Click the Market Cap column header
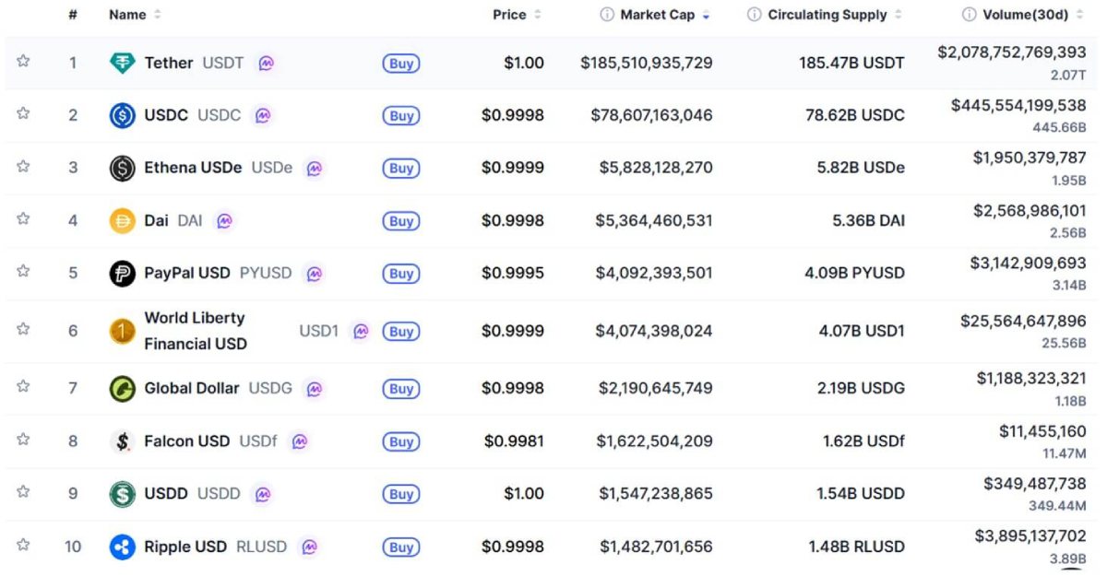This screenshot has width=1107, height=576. (657, 15)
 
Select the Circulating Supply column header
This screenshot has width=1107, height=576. (827, 15)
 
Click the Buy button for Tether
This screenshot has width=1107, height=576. (400, 64)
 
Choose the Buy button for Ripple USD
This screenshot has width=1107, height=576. (400, 547)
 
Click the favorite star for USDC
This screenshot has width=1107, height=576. (23, 114)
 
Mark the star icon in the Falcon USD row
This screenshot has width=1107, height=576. (23, 440)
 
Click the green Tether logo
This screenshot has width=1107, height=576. (122, 64)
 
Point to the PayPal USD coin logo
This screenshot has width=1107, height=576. (122, 274)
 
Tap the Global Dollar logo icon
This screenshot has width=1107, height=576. (122, 389)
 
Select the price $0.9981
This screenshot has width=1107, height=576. (514, 441)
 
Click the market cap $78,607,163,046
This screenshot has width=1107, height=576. (651, 115)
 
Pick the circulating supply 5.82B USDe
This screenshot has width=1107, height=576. (861, 168)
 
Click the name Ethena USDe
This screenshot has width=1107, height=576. (193, 168)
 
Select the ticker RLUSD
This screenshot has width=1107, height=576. (261, 547)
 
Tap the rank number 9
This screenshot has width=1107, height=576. (73, 494)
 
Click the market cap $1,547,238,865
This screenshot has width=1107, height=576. (655, 494)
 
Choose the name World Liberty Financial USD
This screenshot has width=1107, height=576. (196, 331)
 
